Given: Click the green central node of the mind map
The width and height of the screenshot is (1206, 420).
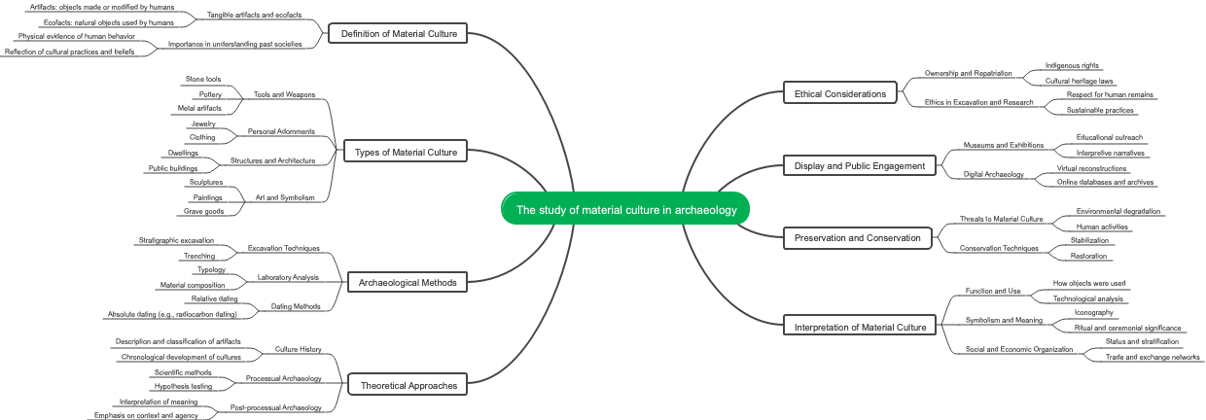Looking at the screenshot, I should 625,209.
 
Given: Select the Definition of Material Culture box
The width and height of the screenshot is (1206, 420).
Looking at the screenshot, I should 398,35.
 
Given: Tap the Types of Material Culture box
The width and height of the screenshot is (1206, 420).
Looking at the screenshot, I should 407,152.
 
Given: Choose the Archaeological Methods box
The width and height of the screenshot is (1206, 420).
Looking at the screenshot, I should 408,282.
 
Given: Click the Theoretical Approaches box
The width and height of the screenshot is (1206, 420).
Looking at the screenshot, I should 408,385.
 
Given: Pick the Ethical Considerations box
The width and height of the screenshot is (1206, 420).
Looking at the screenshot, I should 839,93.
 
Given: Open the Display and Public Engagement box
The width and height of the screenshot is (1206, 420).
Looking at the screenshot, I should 860,165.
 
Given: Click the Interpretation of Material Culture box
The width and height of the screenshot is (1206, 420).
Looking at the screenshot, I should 861,327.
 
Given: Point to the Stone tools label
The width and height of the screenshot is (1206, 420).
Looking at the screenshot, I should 203,79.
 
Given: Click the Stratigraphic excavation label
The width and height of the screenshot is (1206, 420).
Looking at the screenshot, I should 176,239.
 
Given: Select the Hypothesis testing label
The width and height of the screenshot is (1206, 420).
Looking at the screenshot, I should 183,386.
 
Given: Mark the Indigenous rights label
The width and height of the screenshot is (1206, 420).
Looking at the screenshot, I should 1065,65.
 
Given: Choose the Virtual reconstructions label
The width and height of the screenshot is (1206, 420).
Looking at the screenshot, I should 1091,168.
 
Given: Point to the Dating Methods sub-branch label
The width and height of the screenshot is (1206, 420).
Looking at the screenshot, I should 296,306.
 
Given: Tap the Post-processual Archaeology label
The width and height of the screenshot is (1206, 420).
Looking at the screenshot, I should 275,407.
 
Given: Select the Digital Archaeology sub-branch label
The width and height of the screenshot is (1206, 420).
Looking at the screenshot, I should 993,174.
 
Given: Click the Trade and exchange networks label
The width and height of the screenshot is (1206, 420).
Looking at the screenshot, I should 1153,357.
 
